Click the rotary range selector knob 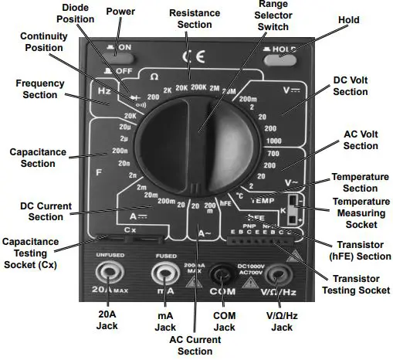tap(196, 139)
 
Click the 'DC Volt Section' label tap(350, 86)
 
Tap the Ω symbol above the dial tap(154, 76)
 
